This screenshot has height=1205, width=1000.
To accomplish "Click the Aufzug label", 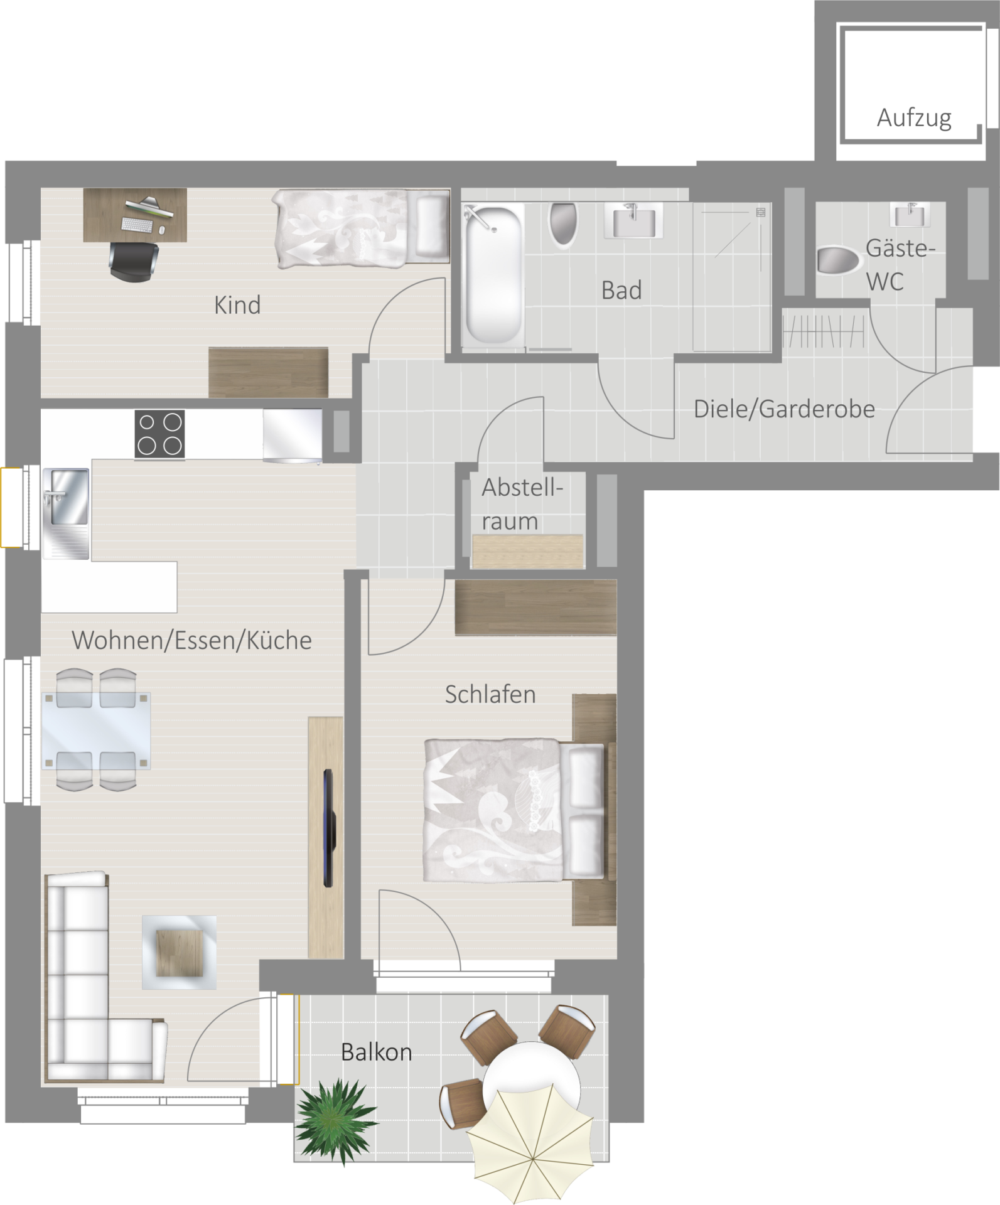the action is [914, 118].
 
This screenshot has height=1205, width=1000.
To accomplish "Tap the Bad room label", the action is [621, 291].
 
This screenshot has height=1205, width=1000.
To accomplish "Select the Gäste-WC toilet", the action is [839, 260].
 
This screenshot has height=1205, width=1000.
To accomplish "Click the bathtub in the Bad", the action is [493, 274].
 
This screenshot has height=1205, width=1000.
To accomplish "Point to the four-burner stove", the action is [159, 433].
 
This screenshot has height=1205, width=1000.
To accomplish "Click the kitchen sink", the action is [66, 513].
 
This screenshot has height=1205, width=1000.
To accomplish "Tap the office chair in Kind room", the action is [134, 260].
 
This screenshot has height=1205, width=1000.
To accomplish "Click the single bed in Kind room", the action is [361, 229].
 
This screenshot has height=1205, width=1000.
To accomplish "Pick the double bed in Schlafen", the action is [515, 810].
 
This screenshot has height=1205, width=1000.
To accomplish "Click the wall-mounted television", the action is [330, 827].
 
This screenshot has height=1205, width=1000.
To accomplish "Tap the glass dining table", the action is [96, 730].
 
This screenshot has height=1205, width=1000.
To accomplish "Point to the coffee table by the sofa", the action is [180, 953].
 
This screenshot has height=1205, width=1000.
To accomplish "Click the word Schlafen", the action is [490, 694].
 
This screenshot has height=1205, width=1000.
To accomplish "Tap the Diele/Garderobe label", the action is [784, 409].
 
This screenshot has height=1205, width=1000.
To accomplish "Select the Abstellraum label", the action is [522, 504].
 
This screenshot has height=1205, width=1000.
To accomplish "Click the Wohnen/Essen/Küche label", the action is [191, 640].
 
